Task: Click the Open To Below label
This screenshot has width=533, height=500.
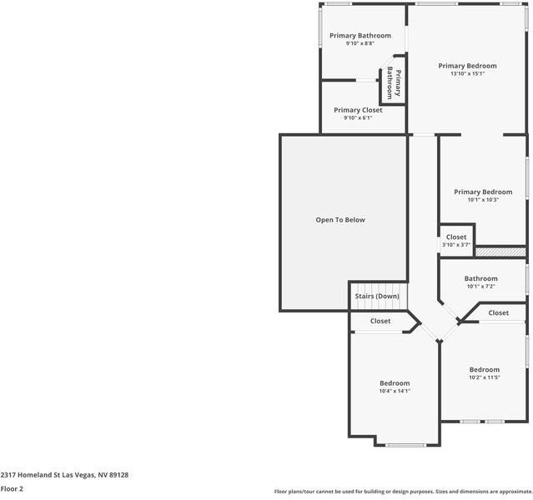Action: [339, 220]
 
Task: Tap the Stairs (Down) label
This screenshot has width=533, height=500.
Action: [377, 297]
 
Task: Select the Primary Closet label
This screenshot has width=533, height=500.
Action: [358, 110]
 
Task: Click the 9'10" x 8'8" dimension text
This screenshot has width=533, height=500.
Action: [360, 43]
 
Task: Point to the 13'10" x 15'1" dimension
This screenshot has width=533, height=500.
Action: [467, 73]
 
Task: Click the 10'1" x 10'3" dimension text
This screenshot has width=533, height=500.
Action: [483, 199]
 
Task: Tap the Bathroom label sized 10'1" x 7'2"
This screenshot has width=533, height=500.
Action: [480, 278]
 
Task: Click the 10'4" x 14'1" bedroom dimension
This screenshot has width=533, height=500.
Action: [395, 391]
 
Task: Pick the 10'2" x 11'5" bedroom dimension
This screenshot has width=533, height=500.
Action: [484, 377]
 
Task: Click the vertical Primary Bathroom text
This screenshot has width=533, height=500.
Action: [393, 83]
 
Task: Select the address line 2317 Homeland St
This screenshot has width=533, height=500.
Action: [64, 475]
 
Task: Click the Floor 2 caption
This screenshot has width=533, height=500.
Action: [12, 489]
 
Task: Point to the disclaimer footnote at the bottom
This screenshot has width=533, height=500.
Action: [403, 492]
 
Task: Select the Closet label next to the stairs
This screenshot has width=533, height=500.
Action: [380, 321]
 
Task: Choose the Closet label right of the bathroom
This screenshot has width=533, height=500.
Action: [498, 312]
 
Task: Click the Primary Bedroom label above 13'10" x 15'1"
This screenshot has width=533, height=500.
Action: [467, 66]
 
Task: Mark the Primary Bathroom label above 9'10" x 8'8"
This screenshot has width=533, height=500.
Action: [360, 36]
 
